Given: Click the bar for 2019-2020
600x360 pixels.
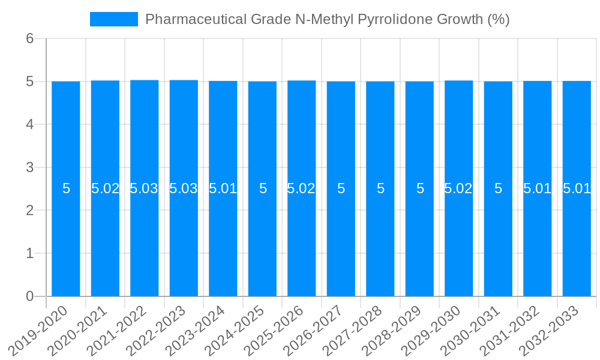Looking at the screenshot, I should (x=66, y=240).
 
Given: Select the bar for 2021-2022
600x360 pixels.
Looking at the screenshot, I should (x=145, y=240).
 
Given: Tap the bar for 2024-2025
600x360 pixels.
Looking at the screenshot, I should (x=262, y=240).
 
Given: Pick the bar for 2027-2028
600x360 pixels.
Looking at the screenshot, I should (x=380, y=240).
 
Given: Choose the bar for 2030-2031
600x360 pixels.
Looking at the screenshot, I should (x=498, y=240).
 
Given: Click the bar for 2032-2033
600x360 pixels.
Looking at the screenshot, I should (x=577, y=240).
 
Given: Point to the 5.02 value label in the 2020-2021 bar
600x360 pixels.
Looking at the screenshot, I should (x=106, y=188).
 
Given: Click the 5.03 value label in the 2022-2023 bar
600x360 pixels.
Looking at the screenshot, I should (x=184, y=188).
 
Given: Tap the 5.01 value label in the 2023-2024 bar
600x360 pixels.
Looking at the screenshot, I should (x=223, y=188).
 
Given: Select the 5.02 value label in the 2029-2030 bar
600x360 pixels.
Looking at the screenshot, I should (x=458, y=188).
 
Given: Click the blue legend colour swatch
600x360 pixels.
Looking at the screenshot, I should (x=114, y=19).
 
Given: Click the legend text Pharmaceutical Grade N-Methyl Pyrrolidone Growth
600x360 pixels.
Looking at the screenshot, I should (x=327, y=19).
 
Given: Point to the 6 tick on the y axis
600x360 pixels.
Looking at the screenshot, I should (x=30, y=38).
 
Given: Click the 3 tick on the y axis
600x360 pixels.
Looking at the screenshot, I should (x=30, y=167).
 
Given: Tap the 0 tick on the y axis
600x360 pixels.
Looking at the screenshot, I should (x=30, y=296).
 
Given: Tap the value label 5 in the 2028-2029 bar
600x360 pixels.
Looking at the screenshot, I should (x=420, y=188).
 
